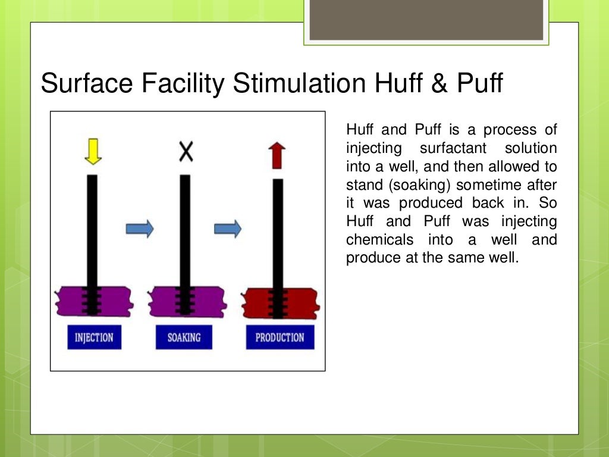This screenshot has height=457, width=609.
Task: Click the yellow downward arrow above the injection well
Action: (x=93, y=152)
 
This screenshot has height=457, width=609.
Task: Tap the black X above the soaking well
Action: (x=186, y=152)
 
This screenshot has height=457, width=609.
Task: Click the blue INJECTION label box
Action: (x=94, y=337)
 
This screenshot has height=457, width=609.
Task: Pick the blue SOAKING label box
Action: (x=184, y=337)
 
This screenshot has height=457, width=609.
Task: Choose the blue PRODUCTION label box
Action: (x=280, y=337)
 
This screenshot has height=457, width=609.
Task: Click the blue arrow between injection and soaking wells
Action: (x=140, y=228)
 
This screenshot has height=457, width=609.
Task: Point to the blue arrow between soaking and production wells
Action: (x=228, y=228)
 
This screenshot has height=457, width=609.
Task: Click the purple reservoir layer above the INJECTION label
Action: (x=71, y=301)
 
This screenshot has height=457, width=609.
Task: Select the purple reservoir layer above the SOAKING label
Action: (x=164, y=301)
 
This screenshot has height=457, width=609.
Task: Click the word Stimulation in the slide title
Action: (x=299, y=84)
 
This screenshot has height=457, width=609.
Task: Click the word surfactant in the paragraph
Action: (x=453, y=148)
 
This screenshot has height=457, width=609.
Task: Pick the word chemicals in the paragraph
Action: (x=379, y=240)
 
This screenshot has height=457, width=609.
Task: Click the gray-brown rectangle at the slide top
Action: (x=426, y=20)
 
